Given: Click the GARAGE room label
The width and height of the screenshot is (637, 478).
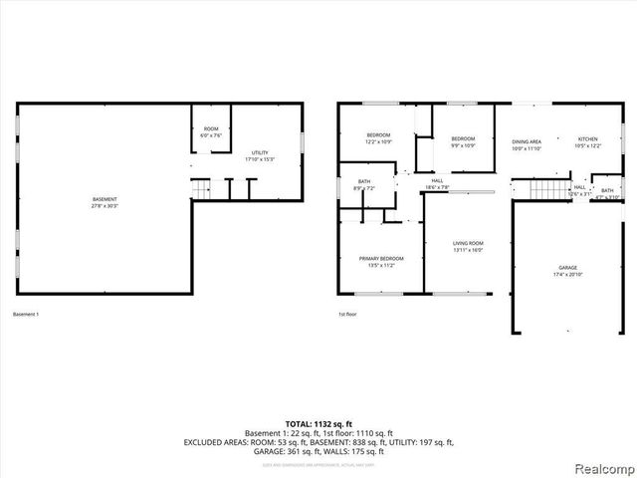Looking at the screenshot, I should [567, 268].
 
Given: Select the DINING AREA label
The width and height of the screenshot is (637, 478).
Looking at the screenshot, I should [527, 141].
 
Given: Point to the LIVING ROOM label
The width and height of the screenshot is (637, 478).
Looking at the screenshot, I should [468, 243].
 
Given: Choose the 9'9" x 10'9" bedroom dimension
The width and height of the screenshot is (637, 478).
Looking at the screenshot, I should [464, 146].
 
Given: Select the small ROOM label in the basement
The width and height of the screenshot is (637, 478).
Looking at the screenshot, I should [211, 129].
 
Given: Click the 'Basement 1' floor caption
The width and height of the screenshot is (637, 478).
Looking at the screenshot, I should [26, 315].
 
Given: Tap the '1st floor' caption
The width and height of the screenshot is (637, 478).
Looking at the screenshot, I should [347, 315].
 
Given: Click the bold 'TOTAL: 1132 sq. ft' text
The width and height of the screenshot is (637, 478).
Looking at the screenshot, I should [318, 424].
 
